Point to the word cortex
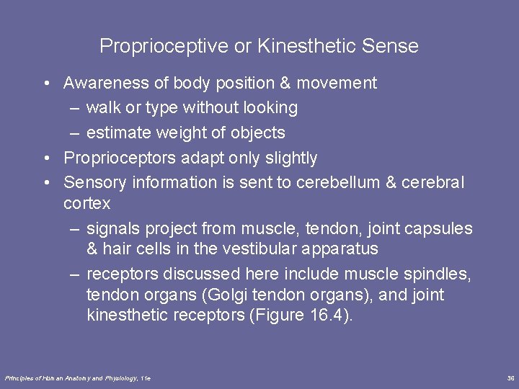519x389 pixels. coord(86,204)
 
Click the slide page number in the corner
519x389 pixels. coord(510,378)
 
